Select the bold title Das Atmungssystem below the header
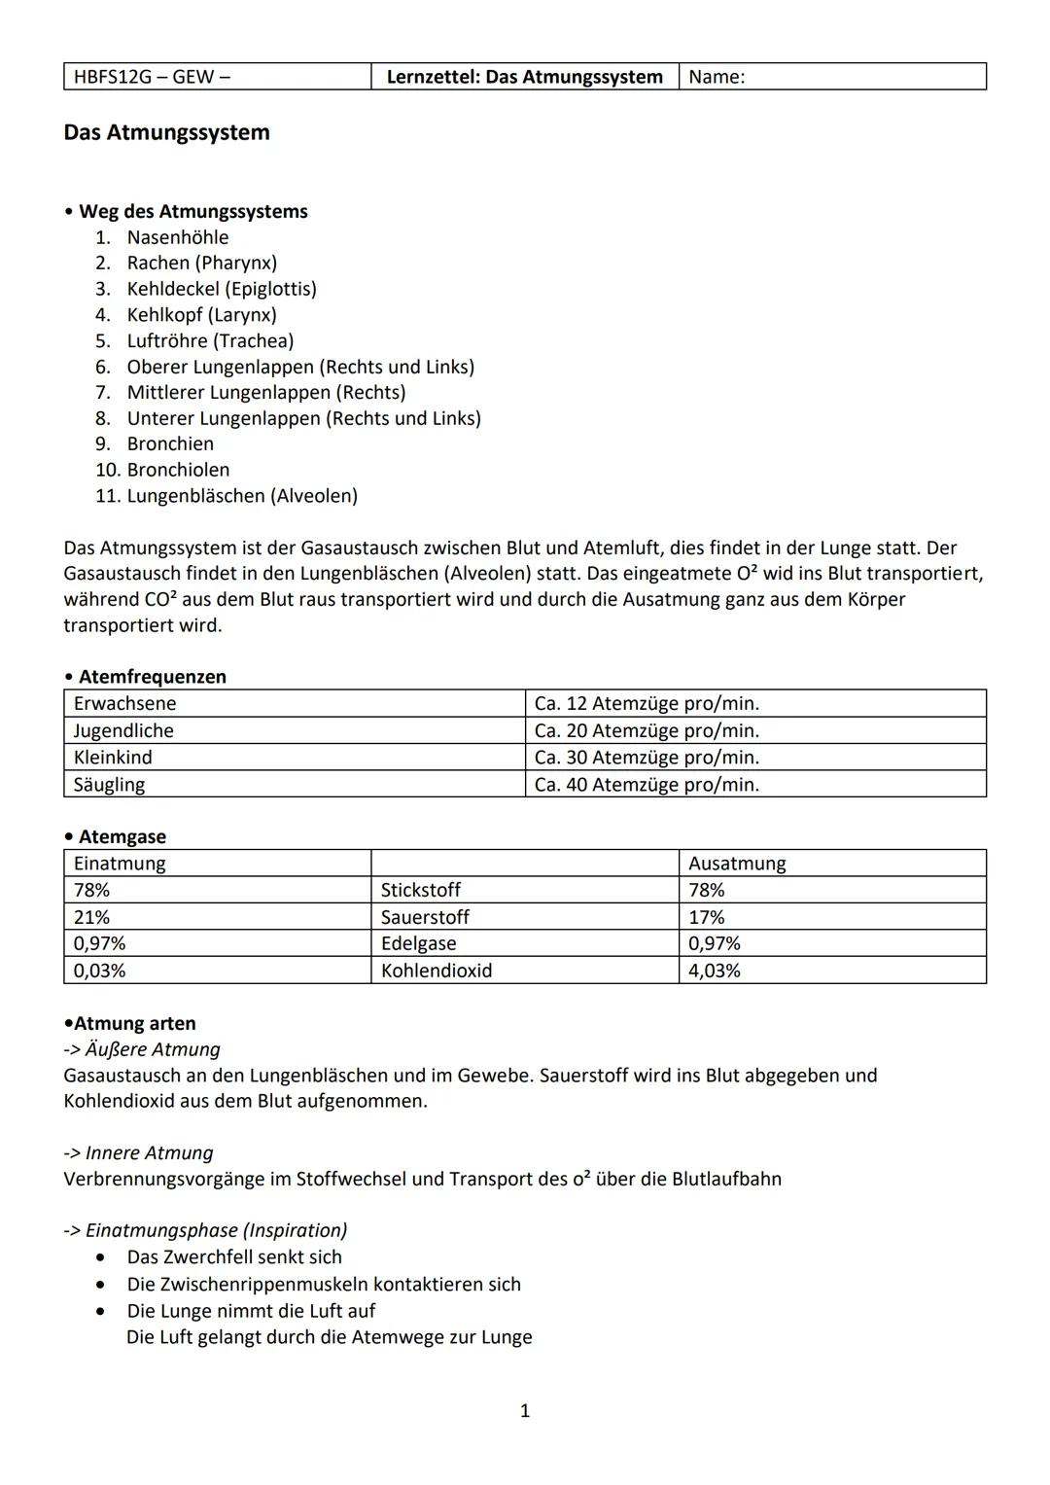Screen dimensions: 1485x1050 click(166, 132)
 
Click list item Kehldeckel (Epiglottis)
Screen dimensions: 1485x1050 click(222, 289)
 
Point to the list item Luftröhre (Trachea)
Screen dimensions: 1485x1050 click(210, 340)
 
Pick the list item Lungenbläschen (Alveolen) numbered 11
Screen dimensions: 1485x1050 click(242, 496)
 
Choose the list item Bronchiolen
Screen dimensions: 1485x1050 click(178, 470)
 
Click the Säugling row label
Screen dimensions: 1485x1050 click(109, 784)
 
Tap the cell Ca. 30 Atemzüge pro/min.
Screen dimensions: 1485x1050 click(647, 757)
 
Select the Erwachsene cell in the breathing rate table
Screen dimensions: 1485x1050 click(124, 703)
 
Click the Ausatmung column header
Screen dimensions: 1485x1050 click(737, 864)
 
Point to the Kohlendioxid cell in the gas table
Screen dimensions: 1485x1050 click(437, 971)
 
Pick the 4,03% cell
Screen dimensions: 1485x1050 click(714, 971)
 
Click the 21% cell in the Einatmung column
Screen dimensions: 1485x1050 click(91, 917)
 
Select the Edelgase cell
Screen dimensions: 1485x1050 click(418, 943)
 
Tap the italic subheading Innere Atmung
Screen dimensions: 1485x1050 click(149, 1153)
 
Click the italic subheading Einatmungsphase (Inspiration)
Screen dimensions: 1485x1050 click(216, 1230)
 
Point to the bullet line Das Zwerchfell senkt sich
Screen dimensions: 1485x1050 click(234, 1257)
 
